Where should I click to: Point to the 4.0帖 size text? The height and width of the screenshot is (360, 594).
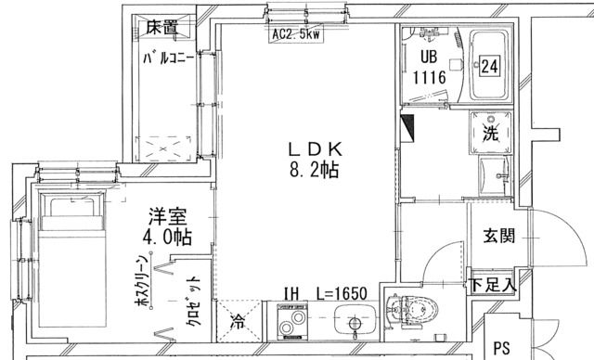(x=166, y=238)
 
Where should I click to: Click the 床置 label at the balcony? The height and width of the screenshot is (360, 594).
(x=162, y=27)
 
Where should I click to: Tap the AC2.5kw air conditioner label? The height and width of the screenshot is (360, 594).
(x=296, y=36)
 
